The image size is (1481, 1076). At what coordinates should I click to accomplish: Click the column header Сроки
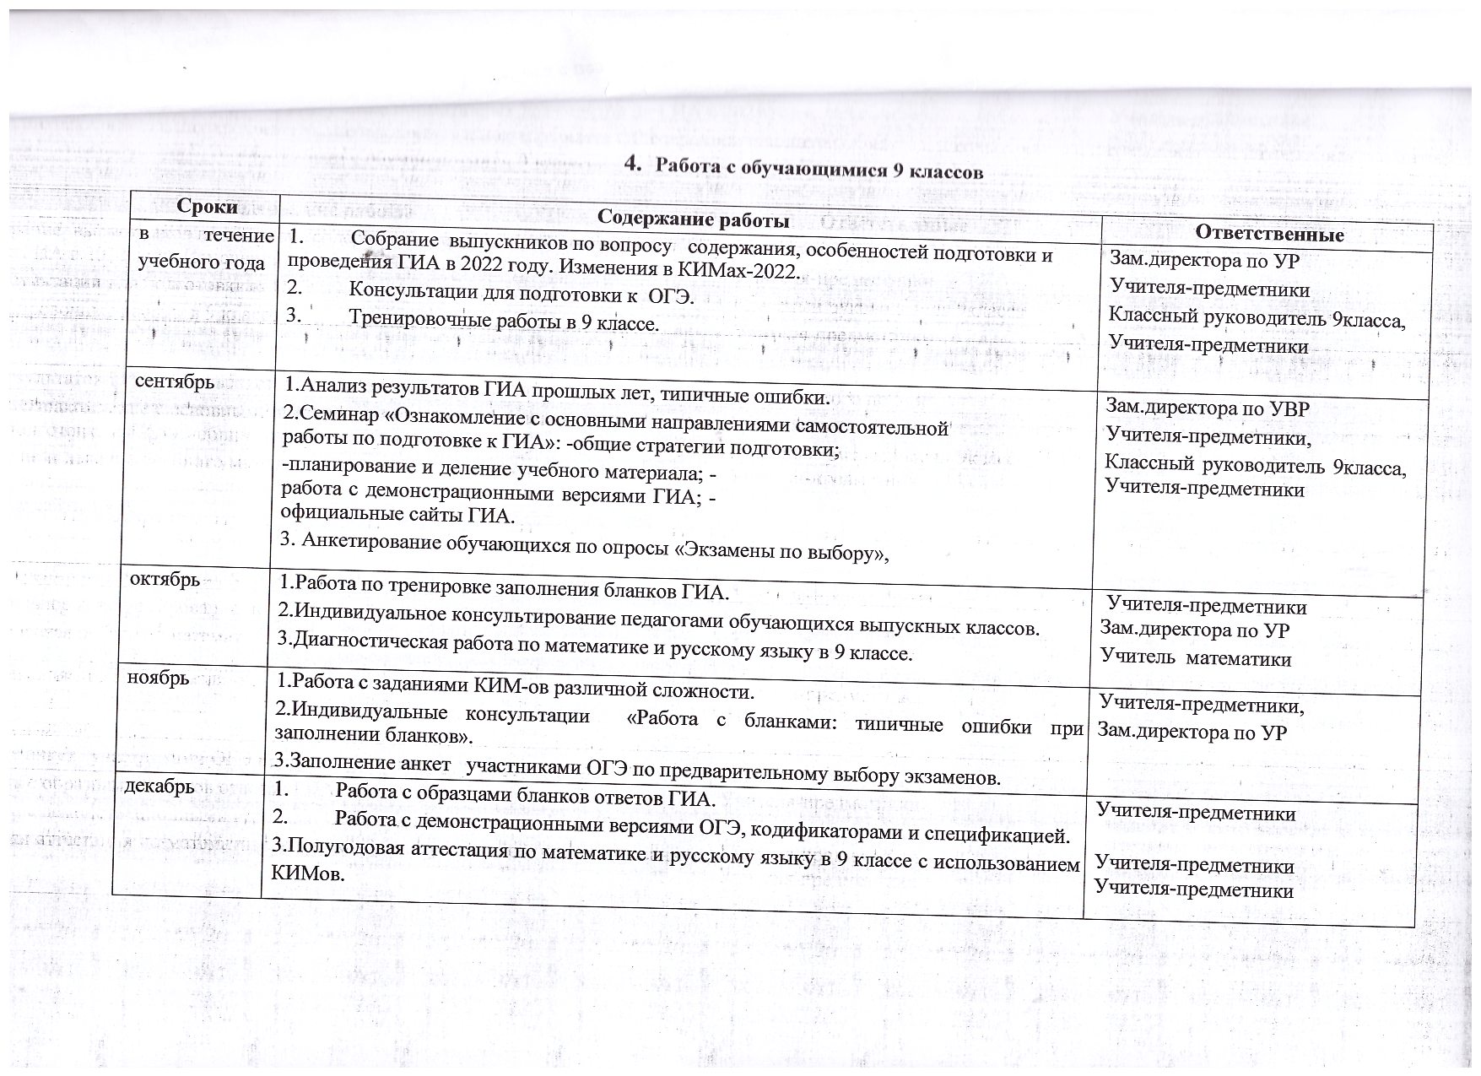[207, 207]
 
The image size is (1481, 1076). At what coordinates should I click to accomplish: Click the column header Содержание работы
[693, 219]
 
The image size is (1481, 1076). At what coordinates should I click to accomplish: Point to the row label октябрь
[164, 580]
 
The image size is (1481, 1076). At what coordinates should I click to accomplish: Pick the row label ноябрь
[158, 678]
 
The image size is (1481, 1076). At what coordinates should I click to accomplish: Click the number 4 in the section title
[630, 163]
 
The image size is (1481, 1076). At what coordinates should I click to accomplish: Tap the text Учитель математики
[1196, 658]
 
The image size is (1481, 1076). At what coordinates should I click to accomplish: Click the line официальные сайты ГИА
[397, 513]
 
